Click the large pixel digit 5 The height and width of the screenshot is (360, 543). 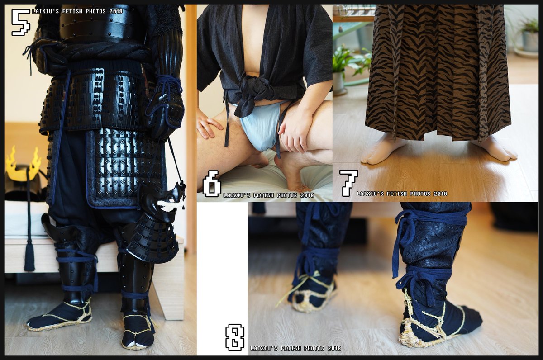tap(21, 22)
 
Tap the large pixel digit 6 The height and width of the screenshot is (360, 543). tap(212, 183)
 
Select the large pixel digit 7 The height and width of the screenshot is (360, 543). tap(348, 183)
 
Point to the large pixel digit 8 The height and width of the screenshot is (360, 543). tap(235, 337)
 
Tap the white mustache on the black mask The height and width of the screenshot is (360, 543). tap(171, 204)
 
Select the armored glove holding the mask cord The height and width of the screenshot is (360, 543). tap(166, 107)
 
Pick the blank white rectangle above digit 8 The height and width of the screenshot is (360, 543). tap(222, 262)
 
